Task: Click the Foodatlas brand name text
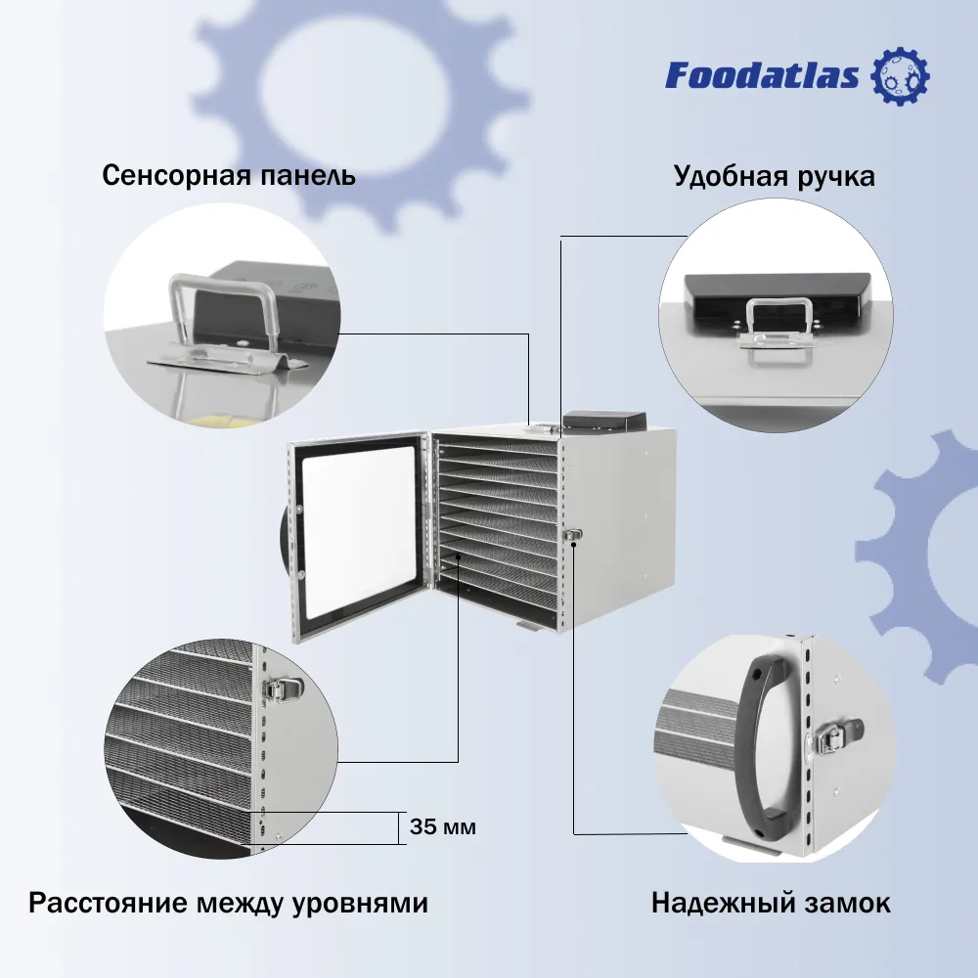pos(762,75)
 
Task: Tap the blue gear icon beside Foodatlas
pos(900,75)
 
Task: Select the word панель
pos(307,175)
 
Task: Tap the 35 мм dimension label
pos(443,826)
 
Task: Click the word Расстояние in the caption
pos(108,903)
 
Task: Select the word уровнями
pos(361,904)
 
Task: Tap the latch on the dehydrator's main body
pos(572,536)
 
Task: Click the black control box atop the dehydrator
pos(603,421)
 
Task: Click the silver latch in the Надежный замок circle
pos(839,736)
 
